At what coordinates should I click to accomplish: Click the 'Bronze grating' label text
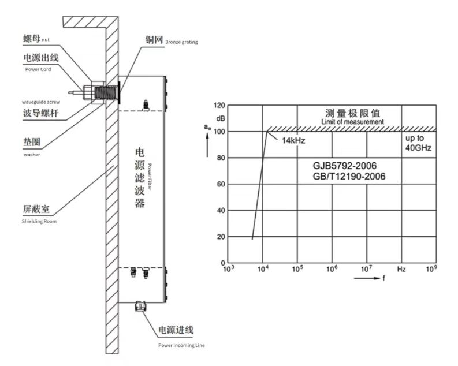coord(182,42)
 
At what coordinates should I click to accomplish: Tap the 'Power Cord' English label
coord(38,69)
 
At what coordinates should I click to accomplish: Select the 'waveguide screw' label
coord(41,102)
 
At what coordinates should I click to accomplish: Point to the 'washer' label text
coord(31,155)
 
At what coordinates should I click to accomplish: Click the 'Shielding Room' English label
coord(40,221)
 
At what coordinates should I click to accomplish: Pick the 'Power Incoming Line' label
coord(181,345)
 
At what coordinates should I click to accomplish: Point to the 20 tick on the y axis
coord(220,237)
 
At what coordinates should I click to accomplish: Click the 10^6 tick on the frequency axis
coord(332,269)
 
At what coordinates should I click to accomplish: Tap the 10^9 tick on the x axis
coord(432,269)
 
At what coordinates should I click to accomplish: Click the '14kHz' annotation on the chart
coord(293,140)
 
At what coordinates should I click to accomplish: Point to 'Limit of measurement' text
coord(352,122)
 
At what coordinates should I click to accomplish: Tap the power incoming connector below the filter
coord(139,306)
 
